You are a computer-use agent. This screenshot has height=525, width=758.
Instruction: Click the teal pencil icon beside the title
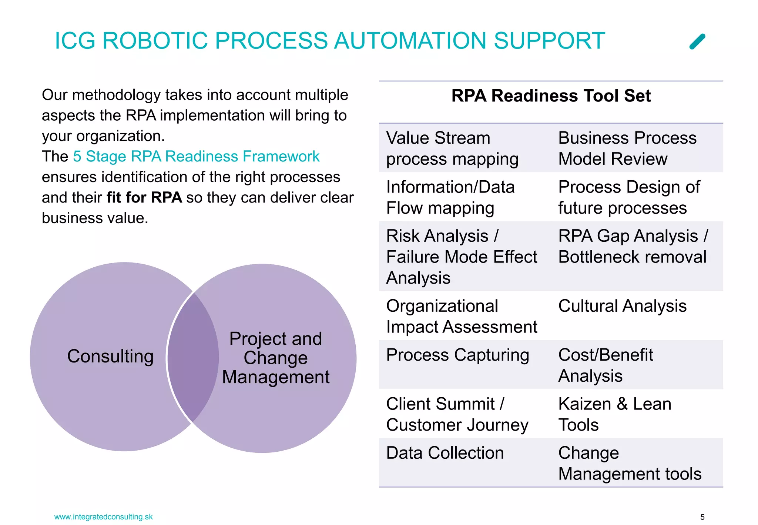tap(697, 41)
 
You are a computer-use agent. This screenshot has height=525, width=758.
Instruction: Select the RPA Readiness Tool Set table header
tap(551, 96)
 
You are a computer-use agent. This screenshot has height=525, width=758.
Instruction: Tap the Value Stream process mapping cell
tap(452, 148)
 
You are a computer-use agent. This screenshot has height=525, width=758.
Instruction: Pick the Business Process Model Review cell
tap(627, 148)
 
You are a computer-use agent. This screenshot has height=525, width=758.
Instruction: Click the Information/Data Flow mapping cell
tap(450, 197)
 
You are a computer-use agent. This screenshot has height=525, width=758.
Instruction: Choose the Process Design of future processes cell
tap(629, 197)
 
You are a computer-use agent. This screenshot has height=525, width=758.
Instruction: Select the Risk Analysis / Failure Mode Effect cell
tap(461, 257)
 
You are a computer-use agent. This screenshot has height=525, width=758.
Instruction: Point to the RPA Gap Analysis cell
tap(633, 247)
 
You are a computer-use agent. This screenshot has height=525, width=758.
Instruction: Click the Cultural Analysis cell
tap(622, 306)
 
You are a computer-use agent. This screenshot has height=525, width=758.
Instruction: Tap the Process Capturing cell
tap(457, 355)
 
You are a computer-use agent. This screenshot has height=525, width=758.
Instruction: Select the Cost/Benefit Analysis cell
tap(606, 365)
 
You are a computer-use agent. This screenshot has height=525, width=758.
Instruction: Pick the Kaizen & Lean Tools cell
tap(614, 414)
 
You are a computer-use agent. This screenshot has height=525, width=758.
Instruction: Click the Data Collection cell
tap(445, 453)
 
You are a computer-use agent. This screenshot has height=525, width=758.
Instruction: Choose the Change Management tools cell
tap(630, 463)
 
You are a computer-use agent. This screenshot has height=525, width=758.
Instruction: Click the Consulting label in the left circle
tap(110, 357)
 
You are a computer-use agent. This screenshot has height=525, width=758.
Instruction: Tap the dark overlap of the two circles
tap(193, 357)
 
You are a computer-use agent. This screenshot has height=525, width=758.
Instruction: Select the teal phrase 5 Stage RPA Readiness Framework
tap(196, 157)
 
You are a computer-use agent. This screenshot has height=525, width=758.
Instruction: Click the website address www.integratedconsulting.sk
tap(103, 517)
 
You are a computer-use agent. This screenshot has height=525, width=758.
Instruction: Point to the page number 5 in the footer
tap(702, 517)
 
